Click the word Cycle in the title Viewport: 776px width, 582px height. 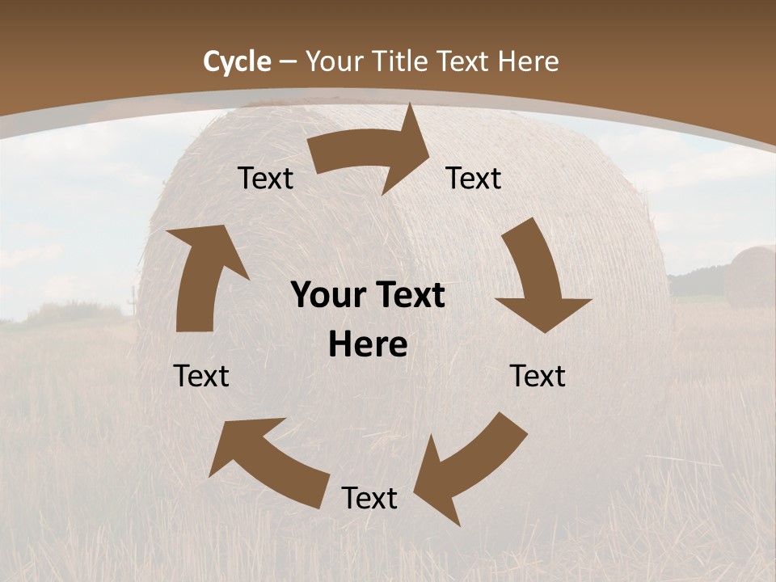tap(237, 61)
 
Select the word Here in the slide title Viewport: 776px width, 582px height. tap(527, 61)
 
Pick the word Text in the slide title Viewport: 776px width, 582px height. tap(466, 61)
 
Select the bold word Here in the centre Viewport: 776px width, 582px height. tap(368, 345)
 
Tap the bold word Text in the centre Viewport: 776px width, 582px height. tap(409, 296)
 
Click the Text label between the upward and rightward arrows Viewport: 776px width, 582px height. tap(265, 179)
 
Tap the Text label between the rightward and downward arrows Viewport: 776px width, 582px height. tap(474, 179)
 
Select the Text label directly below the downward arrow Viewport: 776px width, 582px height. tap(538, 376)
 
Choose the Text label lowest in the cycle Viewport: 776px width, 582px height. tap(369, 499)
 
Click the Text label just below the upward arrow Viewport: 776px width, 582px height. tap(201, 376)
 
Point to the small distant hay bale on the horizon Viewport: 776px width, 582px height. tap(750, 276)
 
